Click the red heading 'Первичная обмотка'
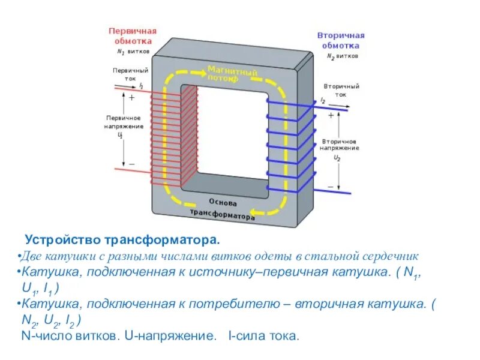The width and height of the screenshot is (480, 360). click(x=132, y=35)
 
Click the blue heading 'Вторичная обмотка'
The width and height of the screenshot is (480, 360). click(x=341, y=40)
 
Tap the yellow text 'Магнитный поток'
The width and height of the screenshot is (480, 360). click(x=232, y=74)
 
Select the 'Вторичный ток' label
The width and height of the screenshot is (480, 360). click(x=341, y=90)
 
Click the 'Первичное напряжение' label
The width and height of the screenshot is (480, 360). click(x=124, y=122)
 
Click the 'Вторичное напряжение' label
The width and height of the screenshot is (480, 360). click(x=339, y=143)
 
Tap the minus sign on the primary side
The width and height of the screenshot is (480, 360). click(x=131, y=163)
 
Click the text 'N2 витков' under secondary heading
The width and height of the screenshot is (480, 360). click(x=343, y=56)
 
